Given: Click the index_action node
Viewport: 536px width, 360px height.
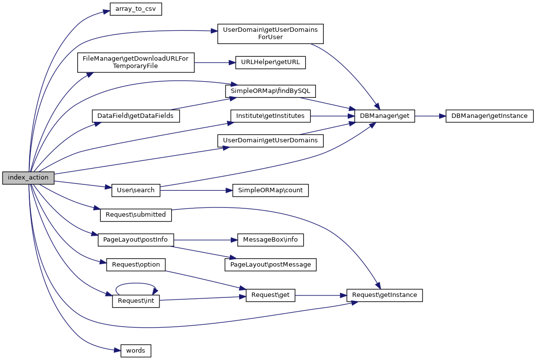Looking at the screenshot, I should (x=28, y=178).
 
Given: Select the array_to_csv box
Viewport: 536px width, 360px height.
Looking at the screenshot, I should (x=135, y=9).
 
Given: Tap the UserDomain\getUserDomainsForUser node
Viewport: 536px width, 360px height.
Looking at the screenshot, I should (x=270, y=33).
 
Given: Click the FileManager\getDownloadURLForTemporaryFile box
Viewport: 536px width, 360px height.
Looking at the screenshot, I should (x=136, y=62).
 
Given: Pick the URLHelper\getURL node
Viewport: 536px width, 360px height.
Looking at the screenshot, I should (x=270, y=62).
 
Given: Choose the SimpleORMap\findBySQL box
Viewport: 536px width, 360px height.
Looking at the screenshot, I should (x=270, y=91).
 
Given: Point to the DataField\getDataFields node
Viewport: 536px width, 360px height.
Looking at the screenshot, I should (x=136, y=116).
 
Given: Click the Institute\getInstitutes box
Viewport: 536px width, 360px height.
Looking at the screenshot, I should (x=270, y=116).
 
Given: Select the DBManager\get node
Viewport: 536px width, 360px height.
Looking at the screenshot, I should (x=384, y=116).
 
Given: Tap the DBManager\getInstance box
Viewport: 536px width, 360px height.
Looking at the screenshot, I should (x=490, y=116).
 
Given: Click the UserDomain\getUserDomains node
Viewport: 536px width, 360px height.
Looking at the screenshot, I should (x=270, y=140).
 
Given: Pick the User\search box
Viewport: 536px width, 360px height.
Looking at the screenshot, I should (x=136, y=190).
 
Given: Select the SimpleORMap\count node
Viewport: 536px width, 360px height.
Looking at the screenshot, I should (x=270, y=190).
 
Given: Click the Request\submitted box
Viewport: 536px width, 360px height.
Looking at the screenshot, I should (x=136, y=214).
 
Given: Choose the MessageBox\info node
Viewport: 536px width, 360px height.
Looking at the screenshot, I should (x=270, y=240).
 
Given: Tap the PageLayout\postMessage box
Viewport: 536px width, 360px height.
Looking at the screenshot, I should (x=270, y=265).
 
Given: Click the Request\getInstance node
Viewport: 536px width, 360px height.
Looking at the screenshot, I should (x=384, y=295).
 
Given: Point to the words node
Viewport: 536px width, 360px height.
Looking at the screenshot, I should (x=135, y=350).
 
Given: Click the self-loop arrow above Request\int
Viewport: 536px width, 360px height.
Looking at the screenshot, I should (x=135, y=283).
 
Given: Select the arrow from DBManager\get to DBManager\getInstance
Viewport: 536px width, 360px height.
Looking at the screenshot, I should (x=430, y=116).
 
